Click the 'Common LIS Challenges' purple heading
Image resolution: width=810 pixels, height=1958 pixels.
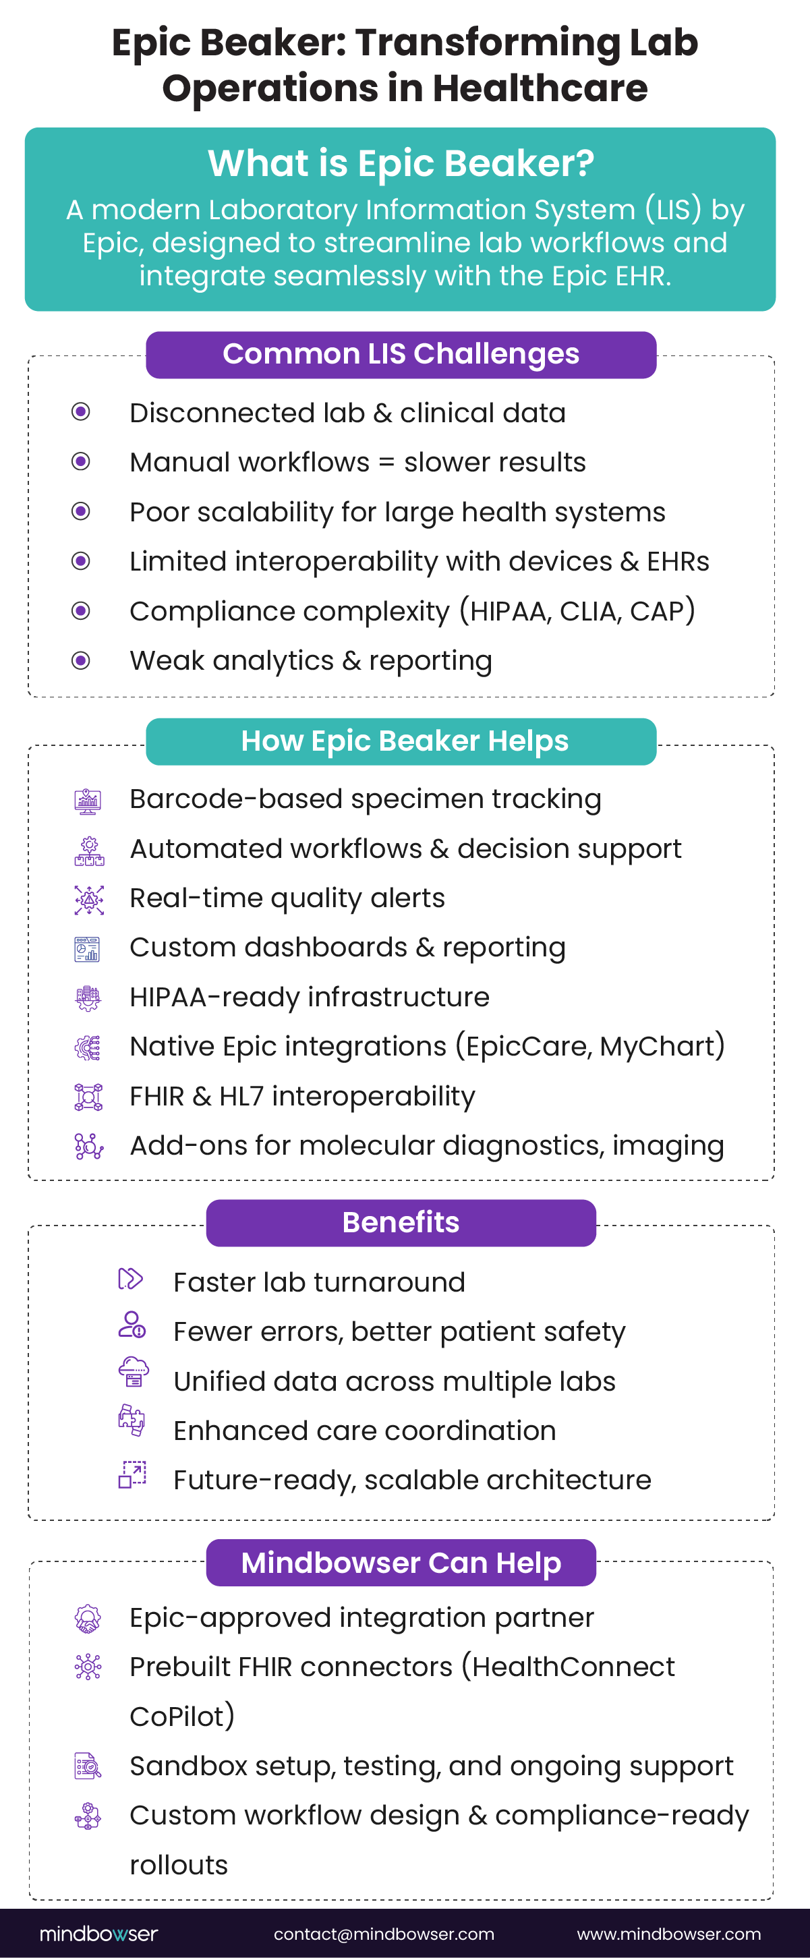[401, 355]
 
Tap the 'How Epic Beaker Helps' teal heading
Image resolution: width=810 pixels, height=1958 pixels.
[401, 741]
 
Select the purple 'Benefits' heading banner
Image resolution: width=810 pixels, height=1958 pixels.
[401, 1222]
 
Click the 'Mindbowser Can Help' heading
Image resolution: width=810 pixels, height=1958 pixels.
[401, 1563]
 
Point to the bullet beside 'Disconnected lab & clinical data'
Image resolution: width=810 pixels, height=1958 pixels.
[80, 412]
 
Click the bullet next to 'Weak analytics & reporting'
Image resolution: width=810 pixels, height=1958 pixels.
[80, 660]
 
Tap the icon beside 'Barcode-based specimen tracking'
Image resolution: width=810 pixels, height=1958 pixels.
[88, 801]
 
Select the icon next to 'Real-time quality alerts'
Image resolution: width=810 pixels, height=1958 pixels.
[89, 900]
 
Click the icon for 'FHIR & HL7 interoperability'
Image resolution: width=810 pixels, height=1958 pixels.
[88, 1097]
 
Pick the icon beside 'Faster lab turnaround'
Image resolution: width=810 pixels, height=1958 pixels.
[130, 1279]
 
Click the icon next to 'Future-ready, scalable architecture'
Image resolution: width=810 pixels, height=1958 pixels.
[132, 1474]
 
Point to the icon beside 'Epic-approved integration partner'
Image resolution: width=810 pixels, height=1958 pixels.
[88, 1618]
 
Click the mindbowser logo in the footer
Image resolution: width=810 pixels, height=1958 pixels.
[98, 1934]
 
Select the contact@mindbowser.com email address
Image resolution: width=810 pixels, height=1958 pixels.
[384, 1934]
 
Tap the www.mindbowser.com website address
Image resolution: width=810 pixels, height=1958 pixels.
[668, 1934]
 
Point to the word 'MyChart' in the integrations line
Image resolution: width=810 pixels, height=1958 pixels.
[658, 1047]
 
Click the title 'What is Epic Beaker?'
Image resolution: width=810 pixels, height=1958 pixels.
[401, 163]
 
